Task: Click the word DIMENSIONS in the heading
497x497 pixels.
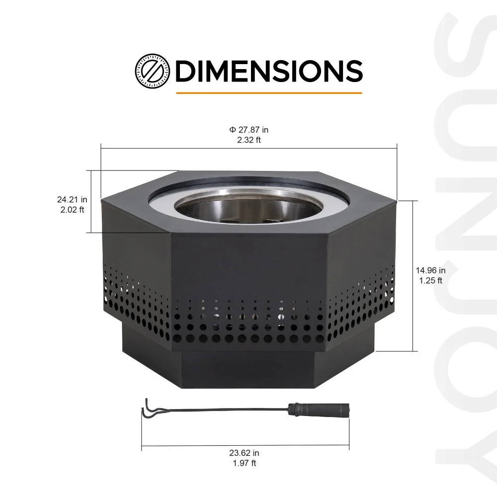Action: click(x=269, y=71)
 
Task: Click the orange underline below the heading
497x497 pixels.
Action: click(x=268, y=92)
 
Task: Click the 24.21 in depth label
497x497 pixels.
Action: click(x=72, y=199)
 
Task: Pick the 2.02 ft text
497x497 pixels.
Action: click(x=72, y=209)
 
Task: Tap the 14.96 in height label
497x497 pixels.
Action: click(x=430, y=270)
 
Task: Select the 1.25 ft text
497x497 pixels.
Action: click(x=430, y=280)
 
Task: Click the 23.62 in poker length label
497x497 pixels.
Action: click(x=244, y=453)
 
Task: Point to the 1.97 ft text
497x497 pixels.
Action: click(x=244, y=463)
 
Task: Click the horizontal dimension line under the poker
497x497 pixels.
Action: click(x=245, y=444)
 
